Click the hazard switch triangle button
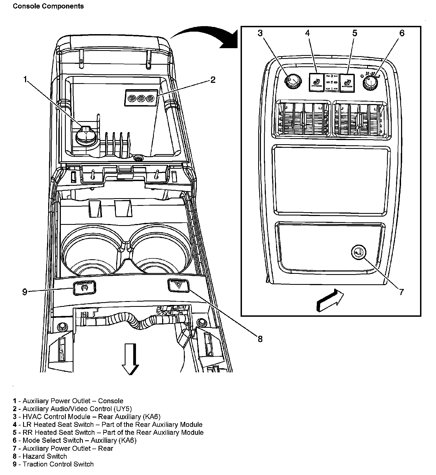coord(178,285)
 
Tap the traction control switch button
coord(84,288)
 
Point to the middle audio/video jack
coord(141,98)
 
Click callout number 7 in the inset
coord(401,292)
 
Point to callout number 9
coord(25,292)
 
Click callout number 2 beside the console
coord(212,80)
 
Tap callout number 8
coord(260,339)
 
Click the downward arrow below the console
coord(130,358)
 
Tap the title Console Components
coord(48,6)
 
